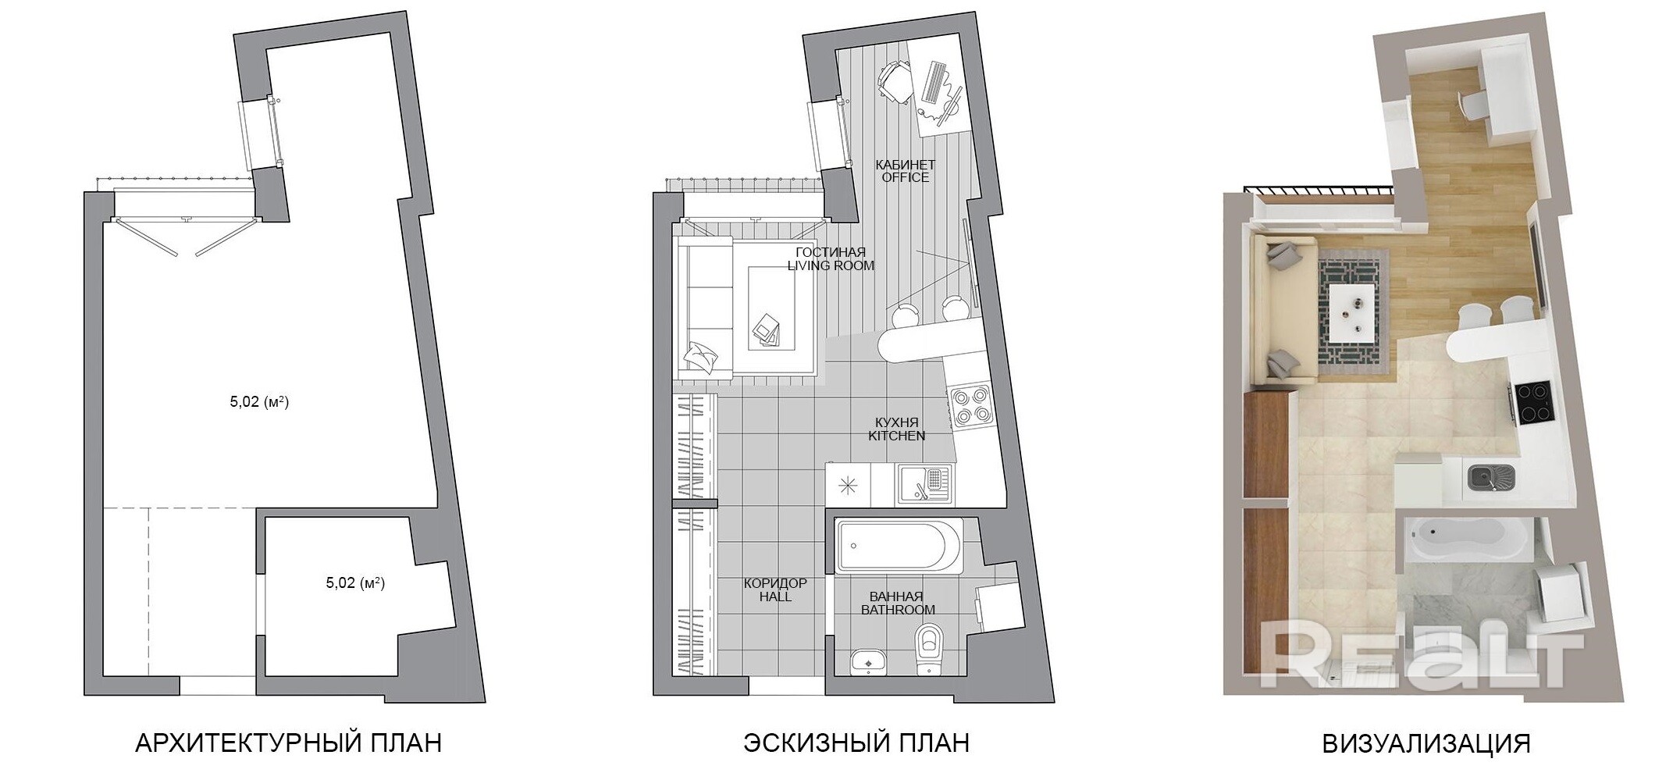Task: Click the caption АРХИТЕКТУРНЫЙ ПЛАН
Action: click(288, 743)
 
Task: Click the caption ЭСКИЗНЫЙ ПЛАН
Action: click(856, 743)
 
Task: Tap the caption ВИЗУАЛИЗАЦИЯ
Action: click(1426, 743)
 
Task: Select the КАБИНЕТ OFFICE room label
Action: click(905, 171)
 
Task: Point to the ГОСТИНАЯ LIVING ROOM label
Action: click(831, 259)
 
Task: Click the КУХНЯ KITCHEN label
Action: click(897, 429)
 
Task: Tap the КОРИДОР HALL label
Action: click(775, 590)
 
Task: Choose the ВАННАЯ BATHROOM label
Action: click(898, 604)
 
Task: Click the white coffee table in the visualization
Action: click(1354, 312)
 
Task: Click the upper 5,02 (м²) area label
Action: click(259, 403)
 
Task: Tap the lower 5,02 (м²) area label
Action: click(355, 582)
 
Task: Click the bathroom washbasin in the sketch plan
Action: click(868, 662)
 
